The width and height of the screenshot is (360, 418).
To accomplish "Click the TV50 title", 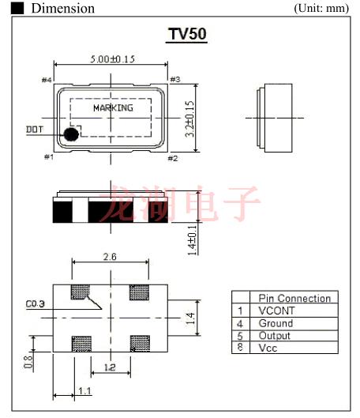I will pos(187,36).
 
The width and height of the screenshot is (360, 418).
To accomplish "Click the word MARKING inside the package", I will pos(113,108).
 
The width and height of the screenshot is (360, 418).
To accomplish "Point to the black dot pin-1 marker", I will pos(71,134).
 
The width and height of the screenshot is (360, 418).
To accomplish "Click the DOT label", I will pos(35,129).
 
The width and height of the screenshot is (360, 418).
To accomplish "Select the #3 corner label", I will pos(175,79).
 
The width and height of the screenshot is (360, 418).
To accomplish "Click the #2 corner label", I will pos(174,158).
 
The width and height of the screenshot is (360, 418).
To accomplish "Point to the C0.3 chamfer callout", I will pos(35,303).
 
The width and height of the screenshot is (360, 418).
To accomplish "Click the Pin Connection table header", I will pos(294,298).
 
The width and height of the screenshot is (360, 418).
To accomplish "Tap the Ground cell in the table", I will pos(276,323).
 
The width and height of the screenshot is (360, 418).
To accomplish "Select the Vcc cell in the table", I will pos(269,348).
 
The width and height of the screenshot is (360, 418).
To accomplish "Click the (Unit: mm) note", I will pos(321,8).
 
